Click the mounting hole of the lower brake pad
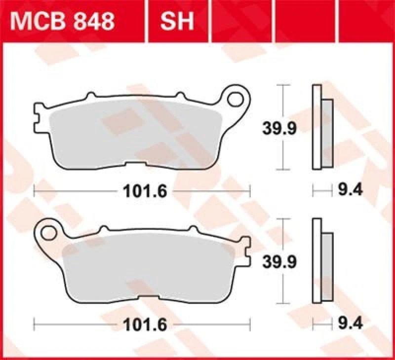(x=49, y=231)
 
